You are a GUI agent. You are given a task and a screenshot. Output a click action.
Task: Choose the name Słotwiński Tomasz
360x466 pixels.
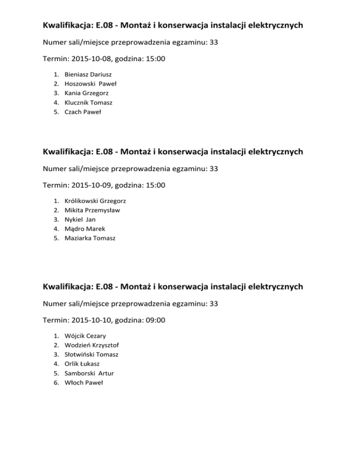[x=91, y=354]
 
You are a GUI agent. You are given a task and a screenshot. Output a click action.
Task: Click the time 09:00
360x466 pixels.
[x=155, y=321]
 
